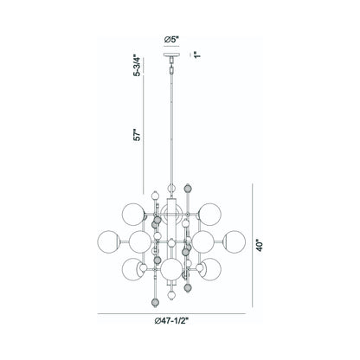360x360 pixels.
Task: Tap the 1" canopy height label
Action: tap(198, 55)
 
